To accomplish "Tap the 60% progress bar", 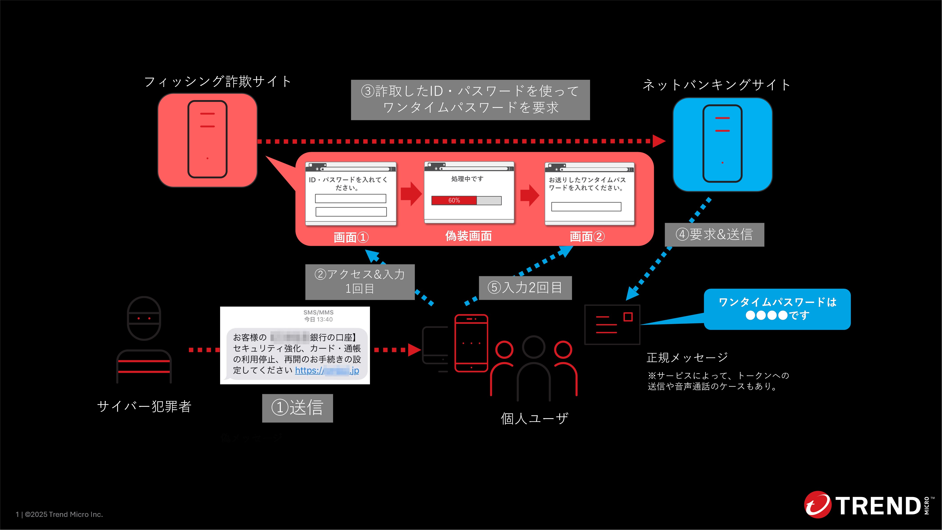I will [466, 200].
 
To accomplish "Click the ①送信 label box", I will [297, 408].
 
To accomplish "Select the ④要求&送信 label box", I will [714, 234].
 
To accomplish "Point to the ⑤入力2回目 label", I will [525, 288].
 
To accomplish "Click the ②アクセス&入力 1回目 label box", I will [360, 282].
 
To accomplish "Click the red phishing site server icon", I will [207, 140].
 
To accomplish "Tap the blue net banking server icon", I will [722, 144].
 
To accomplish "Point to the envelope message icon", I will [612, 324].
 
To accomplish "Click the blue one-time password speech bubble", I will [777, 309].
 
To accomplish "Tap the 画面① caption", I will [351, 237].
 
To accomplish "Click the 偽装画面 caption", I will [468, 236].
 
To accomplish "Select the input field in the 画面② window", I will [586, 207].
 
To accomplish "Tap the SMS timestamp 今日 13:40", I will [319, 319].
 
